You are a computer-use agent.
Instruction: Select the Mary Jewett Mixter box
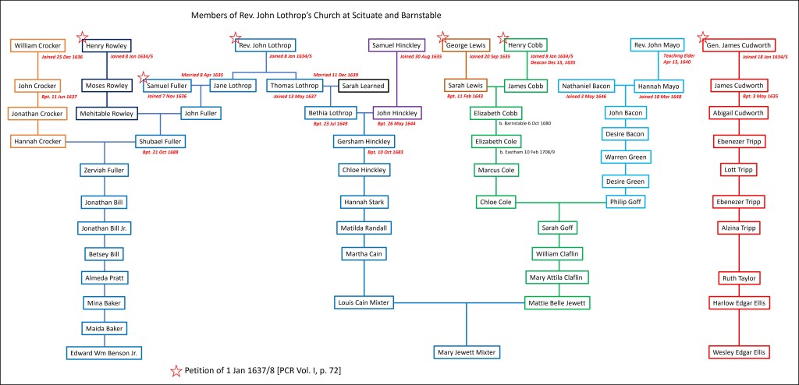[464, 352]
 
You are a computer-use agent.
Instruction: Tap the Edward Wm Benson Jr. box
[104, 352]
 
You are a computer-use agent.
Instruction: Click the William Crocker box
[37, 45]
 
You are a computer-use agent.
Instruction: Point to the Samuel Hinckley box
[396, 45]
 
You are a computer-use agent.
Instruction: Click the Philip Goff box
[628, 203]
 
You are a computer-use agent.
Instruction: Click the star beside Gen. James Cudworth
[703, 36]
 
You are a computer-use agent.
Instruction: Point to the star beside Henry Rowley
[82, 36]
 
